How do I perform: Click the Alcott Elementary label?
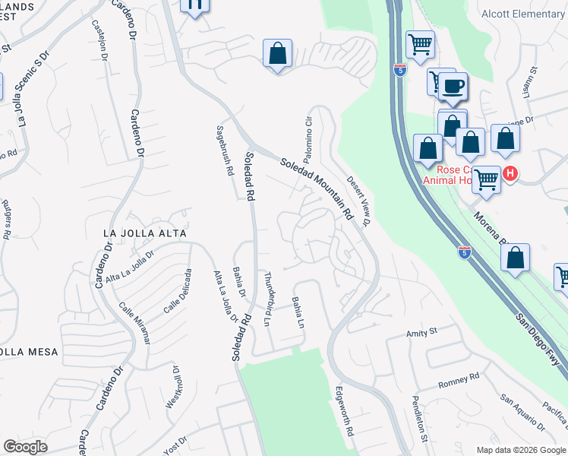click(x=523, y=14)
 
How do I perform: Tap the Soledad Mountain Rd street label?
click(x=317, y=188)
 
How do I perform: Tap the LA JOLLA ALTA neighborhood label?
click(x=145, y=233)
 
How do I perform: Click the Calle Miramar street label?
click(x=135, y=323)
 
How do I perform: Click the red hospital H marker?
click(x=510, y=174)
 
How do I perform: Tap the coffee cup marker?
click(x=454, y=86)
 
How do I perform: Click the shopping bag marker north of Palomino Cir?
click(x=278, y=54)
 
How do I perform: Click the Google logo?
click(x=25, y=447)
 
